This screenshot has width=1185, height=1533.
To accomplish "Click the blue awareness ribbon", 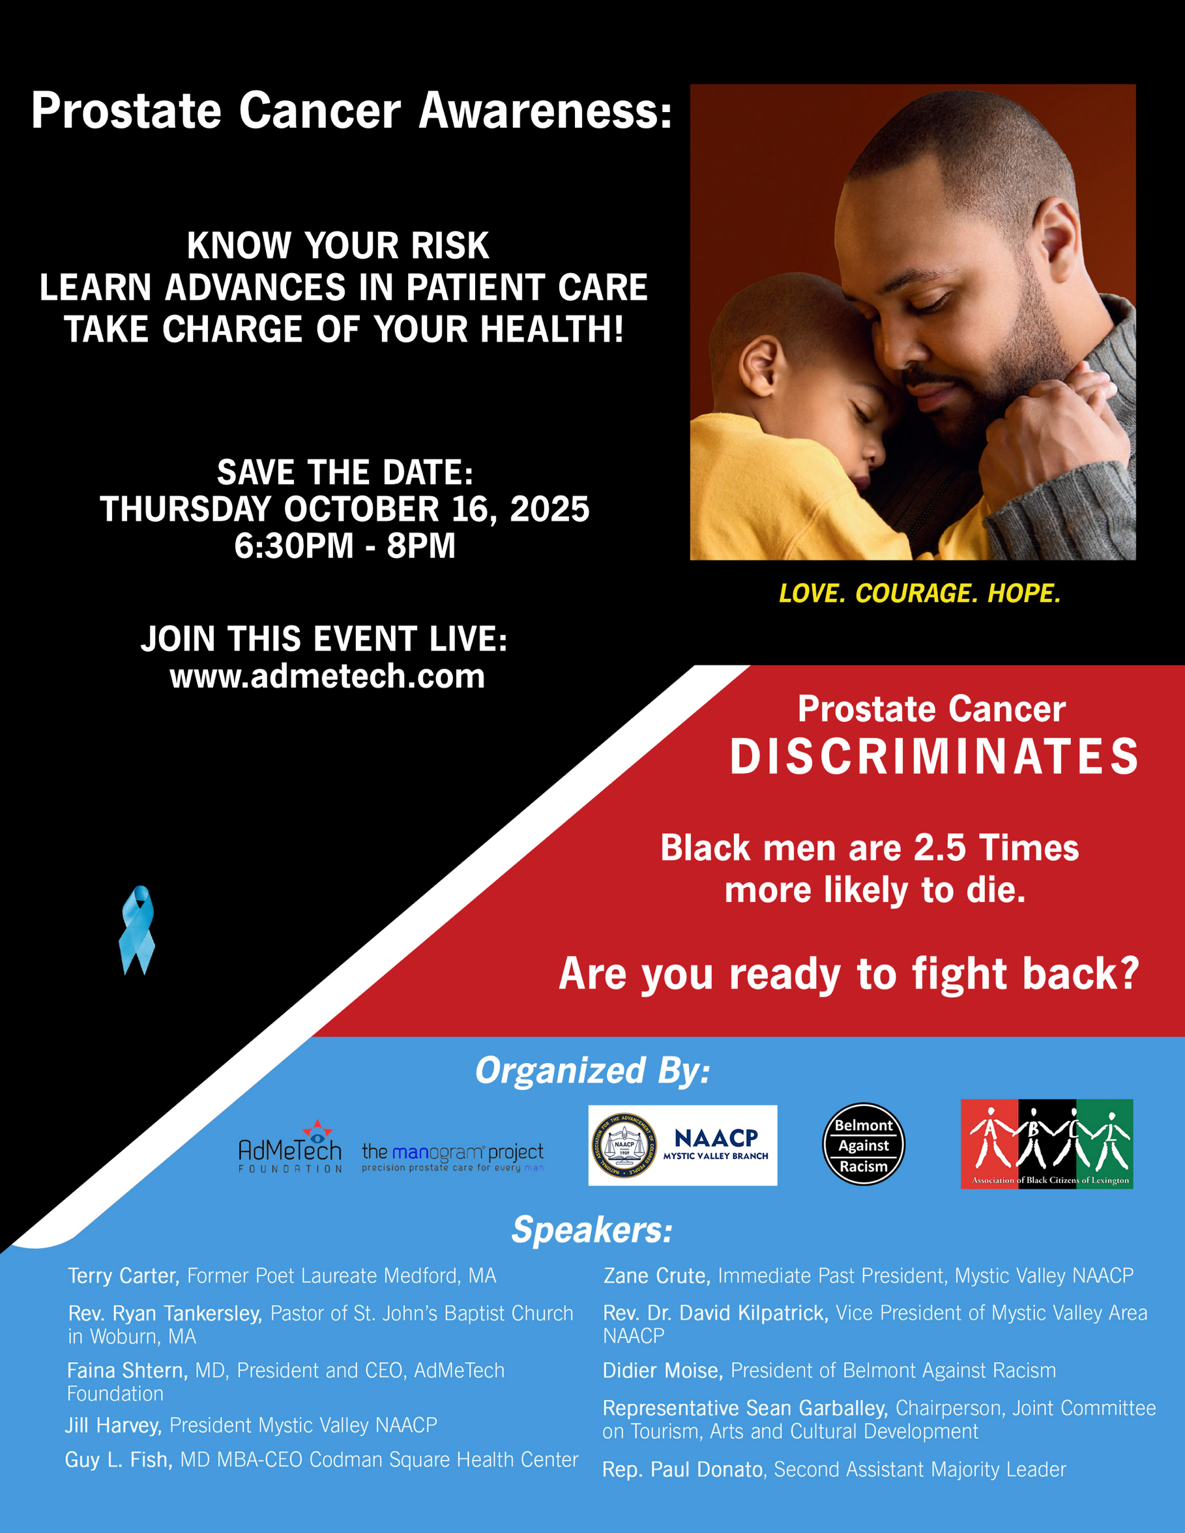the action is tap(138, 930).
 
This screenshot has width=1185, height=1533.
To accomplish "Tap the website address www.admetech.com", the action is tap(327, 676).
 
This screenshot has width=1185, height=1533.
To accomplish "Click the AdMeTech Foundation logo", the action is tap(290, 1146).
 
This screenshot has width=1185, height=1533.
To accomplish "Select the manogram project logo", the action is tap(453, 1157).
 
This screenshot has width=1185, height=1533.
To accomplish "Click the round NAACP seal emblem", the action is tap(624, 1146).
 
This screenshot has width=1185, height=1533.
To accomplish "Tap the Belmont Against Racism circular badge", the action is tap(864, 1145).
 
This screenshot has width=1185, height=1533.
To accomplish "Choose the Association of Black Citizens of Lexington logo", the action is tap(1047, 1143).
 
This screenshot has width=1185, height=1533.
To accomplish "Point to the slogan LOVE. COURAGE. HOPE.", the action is tap(920, 593).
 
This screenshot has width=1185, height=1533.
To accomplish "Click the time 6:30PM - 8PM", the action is tap(345, 546).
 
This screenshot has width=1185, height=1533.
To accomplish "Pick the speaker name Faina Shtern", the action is tap(127, 1370).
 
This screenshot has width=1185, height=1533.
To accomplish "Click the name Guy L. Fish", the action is tap(119, 1459).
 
